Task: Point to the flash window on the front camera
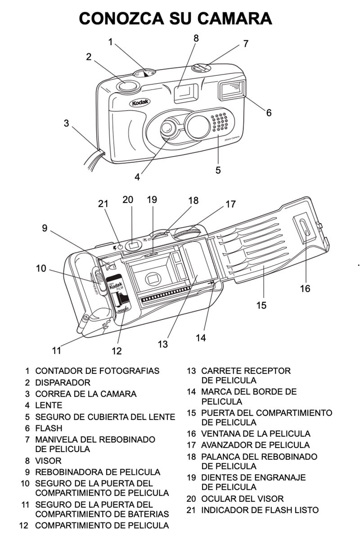(232, 89)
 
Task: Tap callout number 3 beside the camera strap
(66, 123)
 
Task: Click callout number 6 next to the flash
(269, 112)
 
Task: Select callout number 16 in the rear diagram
(305, 288)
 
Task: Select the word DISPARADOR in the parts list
(63, 383)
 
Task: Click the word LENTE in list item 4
(49, 405)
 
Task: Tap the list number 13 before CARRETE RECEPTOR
(191, 371)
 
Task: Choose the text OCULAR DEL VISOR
(242, 499)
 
